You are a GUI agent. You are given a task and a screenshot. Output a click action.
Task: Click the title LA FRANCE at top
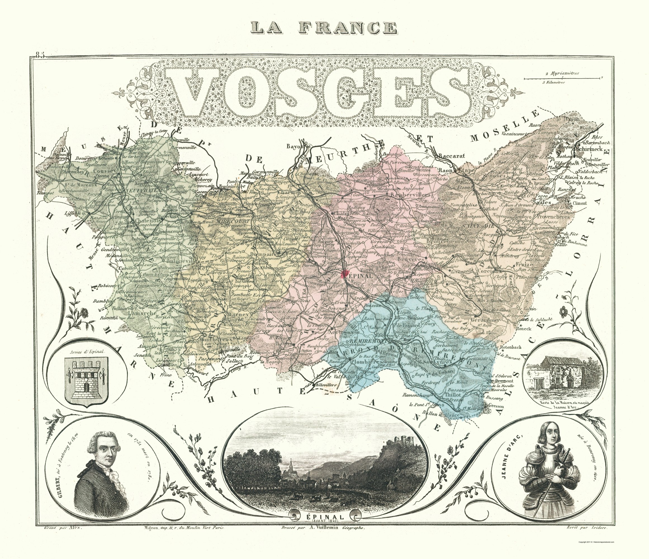tap(324, 28)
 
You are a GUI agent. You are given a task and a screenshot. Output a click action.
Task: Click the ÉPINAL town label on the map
tap(360, 276)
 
